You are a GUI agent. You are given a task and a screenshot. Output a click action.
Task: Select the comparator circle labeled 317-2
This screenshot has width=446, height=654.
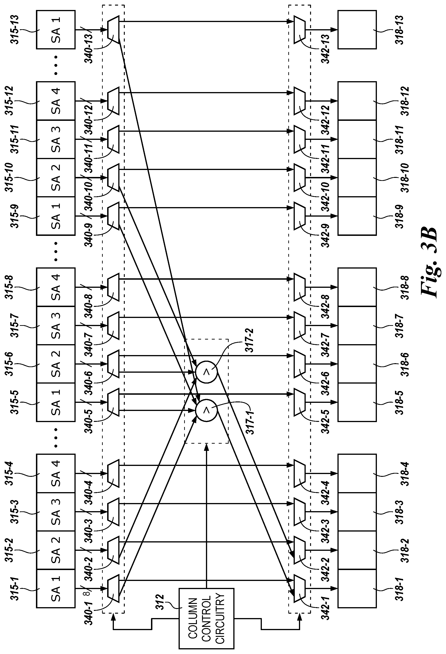207,372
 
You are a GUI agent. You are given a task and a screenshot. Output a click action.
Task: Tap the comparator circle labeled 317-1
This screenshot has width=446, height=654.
207,410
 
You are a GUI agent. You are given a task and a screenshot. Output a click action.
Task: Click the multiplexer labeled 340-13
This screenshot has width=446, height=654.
113,29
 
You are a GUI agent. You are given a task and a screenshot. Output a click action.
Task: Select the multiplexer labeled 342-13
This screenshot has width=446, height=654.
300,29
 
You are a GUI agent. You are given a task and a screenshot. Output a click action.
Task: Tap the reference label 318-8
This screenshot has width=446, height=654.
405,287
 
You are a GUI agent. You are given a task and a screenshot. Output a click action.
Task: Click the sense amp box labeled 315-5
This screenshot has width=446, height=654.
56,402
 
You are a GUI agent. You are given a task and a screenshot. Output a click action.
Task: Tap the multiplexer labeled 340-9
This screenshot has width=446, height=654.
113,216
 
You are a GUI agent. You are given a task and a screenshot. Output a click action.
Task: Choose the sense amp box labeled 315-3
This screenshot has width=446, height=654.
56,511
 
